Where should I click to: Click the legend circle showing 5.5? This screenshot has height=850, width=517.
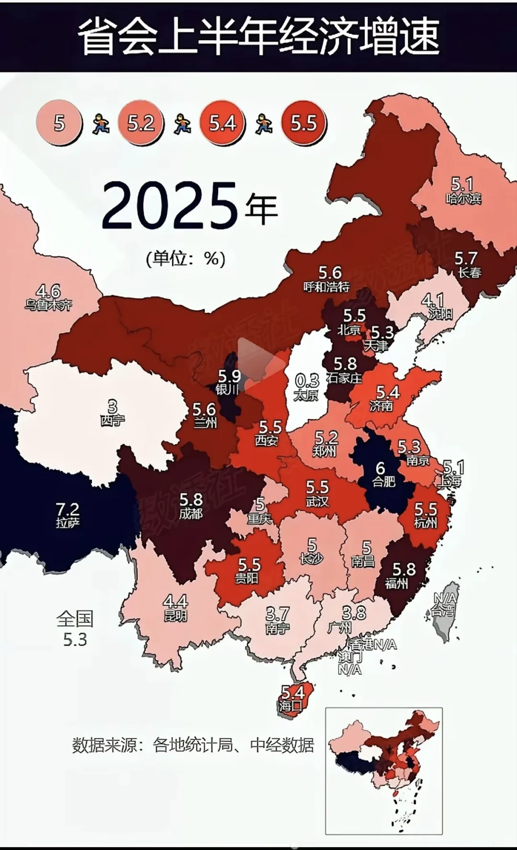pyautogui.click(x=303, y=124)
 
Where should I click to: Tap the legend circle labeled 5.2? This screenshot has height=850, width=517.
pyautogui.click(x=141, y=124)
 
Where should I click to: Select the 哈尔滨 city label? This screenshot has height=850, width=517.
pyautogui.click(x=463, y=198)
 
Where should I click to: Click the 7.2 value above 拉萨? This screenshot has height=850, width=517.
pyautogui.click(x=67, y=509)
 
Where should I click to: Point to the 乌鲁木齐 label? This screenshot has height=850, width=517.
pyautogui.click(x=48, y=305)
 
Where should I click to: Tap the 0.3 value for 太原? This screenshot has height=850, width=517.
pyautogui.click(x=307, y=381)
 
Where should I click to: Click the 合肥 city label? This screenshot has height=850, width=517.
pyautogui.click(x=384, y=481)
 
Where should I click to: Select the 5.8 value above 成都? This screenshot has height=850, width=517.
pyautogui.click(x=191, y=500)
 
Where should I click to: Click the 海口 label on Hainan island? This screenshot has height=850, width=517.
pyautogui.click(x=290, y=706)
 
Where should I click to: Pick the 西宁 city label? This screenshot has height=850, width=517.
pyautogui.click(x=112, y=420)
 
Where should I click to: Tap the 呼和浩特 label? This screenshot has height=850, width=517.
pyautogui.click(x=327, y=287)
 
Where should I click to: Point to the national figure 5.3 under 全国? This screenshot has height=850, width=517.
pyautogui.click(x=75, y=639)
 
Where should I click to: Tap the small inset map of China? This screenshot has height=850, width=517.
pyautogui.click(x=384, y=771)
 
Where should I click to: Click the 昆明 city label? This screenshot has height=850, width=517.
pyautogui.click(x=175, y=615)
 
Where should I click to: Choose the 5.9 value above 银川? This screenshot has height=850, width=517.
pyautogui.click(x=229, y=376)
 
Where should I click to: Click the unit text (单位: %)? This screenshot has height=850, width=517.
pyautogui.click(x=186, y=259)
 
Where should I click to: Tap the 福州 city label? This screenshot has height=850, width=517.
pyautogui.click(x=396, y=583)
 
